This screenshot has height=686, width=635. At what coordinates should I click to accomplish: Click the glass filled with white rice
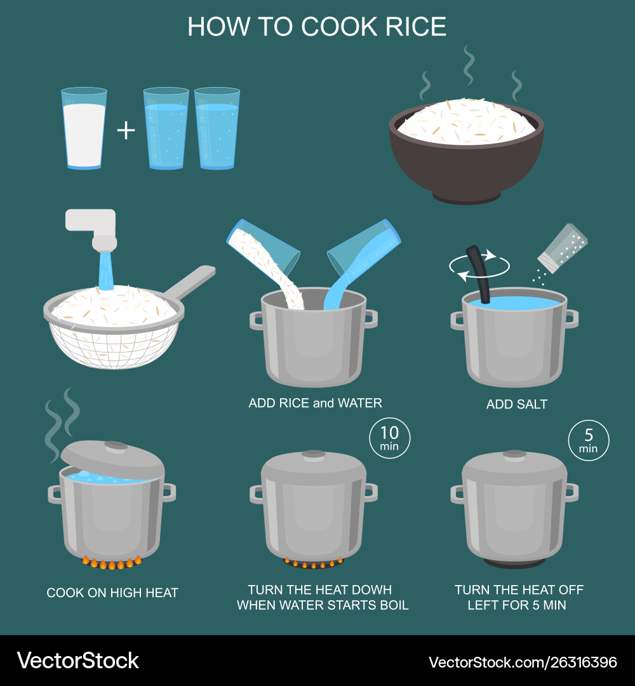tap(84, 129)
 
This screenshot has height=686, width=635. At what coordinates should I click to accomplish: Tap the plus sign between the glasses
tap(126, 130)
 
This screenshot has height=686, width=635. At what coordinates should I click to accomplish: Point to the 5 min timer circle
tap(588, 440)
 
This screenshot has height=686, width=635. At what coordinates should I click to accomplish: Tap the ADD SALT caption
tap(516, 404)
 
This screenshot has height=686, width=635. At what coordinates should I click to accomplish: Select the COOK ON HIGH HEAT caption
tap(112, 593)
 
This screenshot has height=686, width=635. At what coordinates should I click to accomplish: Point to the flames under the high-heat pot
tap(111, 562)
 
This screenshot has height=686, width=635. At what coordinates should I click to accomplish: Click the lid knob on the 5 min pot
tap(514, 454)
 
